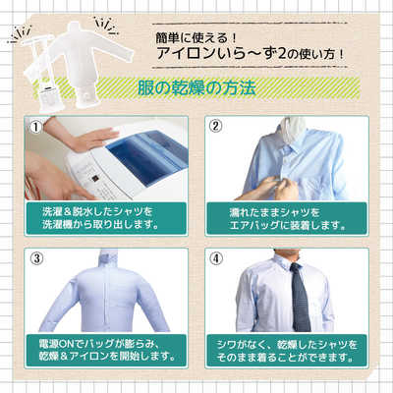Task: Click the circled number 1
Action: click(36, 127)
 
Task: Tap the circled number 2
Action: click(215, 126)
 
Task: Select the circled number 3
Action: click(36, 258)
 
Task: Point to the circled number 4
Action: click(215, 258)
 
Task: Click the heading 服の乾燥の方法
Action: click(196, 87)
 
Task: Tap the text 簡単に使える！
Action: click(196, 38)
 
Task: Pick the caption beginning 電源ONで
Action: click(106, 350)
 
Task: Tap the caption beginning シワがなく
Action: click(287, 351)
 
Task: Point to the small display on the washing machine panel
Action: click(94, 179)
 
